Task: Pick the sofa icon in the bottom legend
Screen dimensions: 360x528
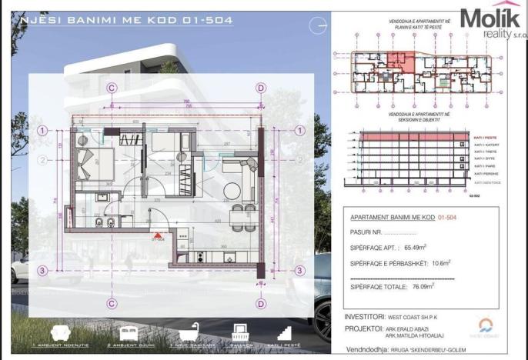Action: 59,332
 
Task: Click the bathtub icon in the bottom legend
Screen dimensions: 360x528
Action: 189,332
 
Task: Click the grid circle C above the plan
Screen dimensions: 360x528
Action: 112,88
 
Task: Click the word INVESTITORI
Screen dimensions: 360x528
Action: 364,315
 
